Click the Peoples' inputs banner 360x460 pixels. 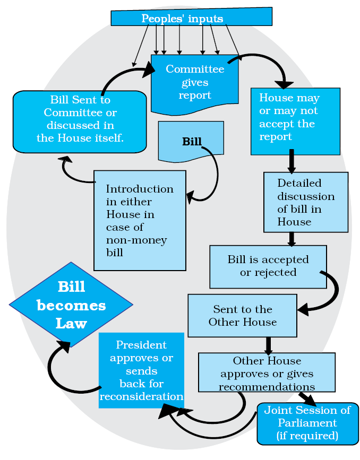coord(191,18)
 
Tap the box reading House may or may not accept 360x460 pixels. coord(295,121)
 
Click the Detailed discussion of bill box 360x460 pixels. coord(306,202)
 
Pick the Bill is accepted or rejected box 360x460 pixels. coord(268,266)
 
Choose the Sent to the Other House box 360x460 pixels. coord(242,316)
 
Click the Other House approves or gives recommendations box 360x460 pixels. coord(267,374)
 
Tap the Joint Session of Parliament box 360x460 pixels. coord(307,423)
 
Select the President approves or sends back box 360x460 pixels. coord(141,370)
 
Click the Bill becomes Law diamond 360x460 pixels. coord(71,305)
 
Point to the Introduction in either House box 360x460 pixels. coord(140,220)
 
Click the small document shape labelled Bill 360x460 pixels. coord(191,141)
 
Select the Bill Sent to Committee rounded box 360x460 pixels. coord(80,119)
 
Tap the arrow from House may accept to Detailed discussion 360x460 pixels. coord(292,161)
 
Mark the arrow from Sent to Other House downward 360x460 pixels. coord(268,345)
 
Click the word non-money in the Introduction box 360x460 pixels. coord(136,240)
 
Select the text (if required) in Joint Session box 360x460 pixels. coord(307,436)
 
